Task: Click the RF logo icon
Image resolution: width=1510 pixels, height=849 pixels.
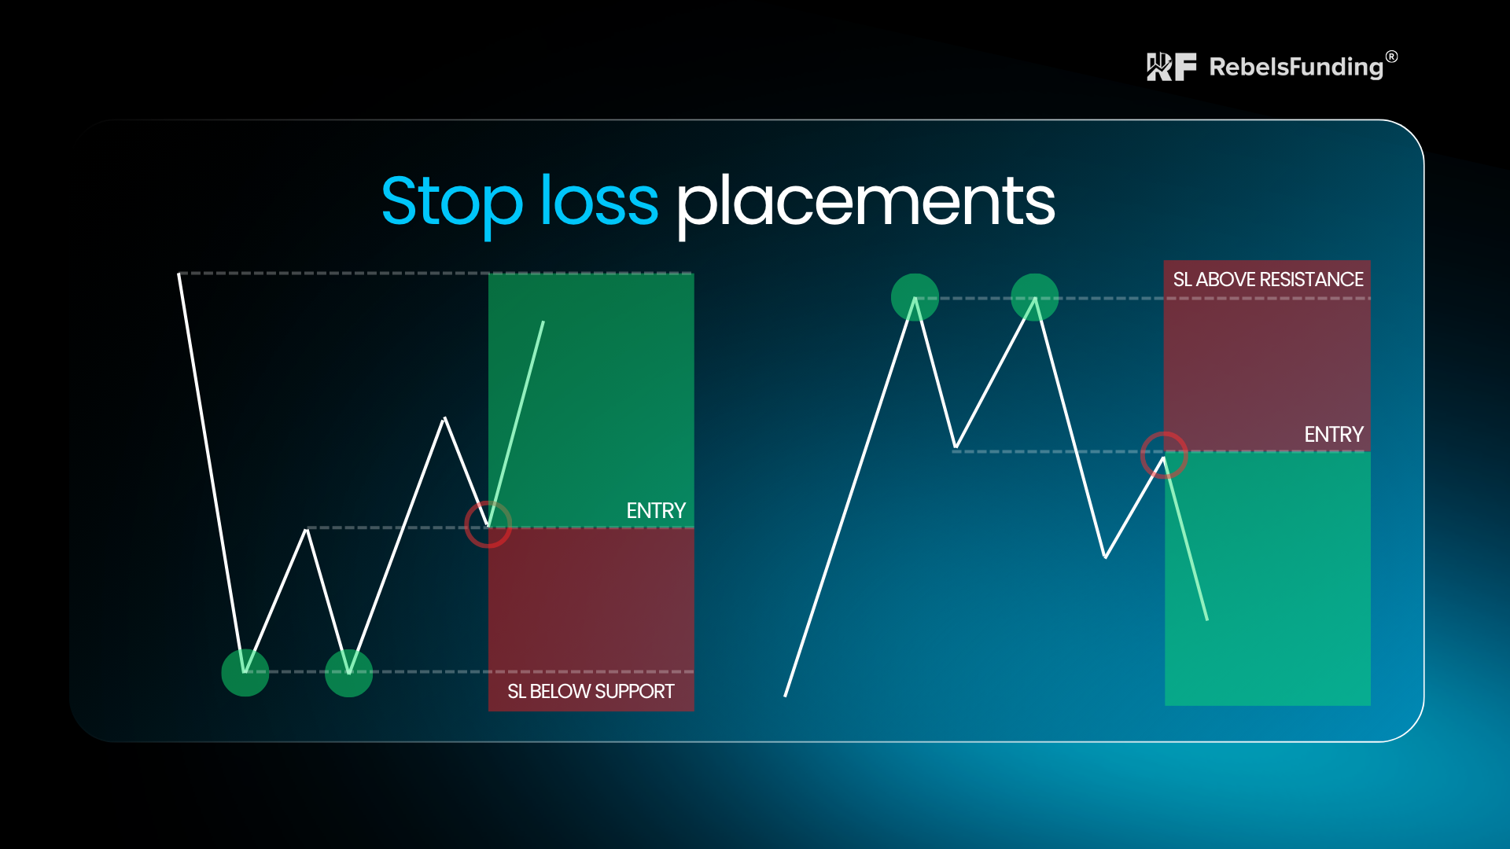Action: point(1171,67)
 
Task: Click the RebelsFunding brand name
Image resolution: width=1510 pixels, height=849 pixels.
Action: point(1296,67)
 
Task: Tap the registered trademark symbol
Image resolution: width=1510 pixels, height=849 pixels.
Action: point(1392,57)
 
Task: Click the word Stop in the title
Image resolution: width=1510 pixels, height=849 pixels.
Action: point(452,202)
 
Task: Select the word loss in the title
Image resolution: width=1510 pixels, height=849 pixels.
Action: point(599,200)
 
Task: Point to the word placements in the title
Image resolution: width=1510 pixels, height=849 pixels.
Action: point(866,203)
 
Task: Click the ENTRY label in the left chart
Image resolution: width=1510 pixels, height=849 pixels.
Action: point(656,511)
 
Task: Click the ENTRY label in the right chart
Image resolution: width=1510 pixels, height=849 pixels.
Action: point(1334,435)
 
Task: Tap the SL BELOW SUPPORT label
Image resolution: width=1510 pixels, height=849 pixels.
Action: point(591,692)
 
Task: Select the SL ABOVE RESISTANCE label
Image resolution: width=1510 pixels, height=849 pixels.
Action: point(1268,280)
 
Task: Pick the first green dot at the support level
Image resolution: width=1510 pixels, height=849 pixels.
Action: point(245,673)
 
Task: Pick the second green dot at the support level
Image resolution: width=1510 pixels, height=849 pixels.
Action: point(348,673)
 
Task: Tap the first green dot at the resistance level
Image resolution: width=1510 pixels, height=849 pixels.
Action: point(915,297)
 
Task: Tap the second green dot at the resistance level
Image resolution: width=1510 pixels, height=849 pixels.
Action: point(1034,297)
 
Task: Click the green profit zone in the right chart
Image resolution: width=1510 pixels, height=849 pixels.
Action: point(1268,579)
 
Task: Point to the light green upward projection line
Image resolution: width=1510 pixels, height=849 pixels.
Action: point(516,423)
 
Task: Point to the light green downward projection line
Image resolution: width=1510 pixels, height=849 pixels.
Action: point(1186,538)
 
